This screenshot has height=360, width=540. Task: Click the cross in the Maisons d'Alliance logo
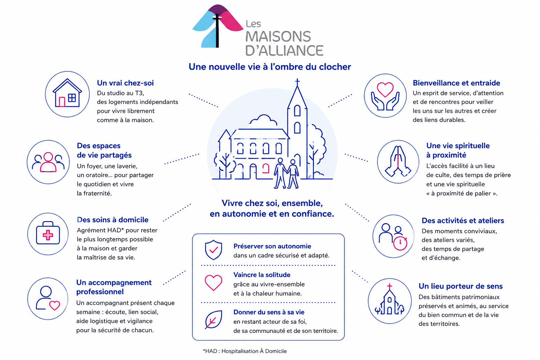217,30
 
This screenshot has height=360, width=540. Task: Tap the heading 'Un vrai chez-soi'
125,83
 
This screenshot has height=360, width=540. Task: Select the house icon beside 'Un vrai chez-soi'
67,93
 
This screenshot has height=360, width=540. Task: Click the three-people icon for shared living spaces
48,162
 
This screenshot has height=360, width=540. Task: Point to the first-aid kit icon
48,233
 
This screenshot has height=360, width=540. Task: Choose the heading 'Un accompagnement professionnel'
114,287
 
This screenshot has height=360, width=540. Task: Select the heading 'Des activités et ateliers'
463,221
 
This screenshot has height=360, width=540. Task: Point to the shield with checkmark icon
213,250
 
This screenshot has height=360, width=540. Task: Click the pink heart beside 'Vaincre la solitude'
213,282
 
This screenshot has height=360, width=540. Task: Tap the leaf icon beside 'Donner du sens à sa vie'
213,319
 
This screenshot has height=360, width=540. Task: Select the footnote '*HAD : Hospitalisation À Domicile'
245,351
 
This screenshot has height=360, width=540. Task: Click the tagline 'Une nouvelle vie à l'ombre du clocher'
270,67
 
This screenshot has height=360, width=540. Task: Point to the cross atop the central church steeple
297,82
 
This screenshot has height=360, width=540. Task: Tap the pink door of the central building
266,168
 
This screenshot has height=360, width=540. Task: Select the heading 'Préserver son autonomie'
272,246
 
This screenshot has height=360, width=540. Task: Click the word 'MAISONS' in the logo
278,37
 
